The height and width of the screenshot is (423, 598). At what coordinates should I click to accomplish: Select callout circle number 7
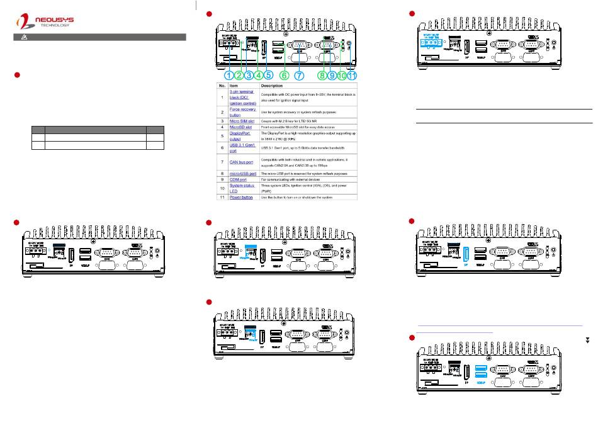pyautogui.click(x=299, y=75)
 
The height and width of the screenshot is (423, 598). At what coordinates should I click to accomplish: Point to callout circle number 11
pyautogui.click(x=351, y=75)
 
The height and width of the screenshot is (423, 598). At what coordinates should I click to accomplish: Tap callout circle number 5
pyautogui.click(x=268, y=75)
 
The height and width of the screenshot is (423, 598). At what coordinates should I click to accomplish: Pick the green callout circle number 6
pyautogui.click(x=285, y=75)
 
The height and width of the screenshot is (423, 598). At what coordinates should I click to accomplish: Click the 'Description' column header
pyautogui.click(x=275, y=85)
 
